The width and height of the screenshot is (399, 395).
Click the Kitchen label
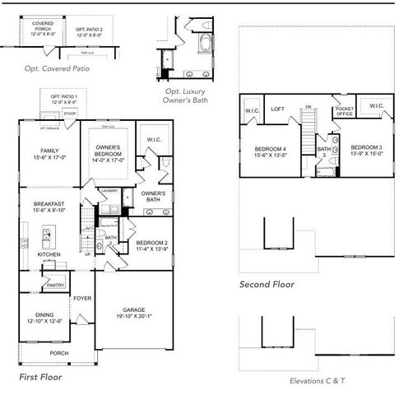tap(49, 254)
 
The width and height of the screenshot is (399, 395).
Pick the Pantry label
tap(55, 286)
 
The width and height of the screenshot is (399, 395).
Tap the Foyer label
tap(82, 298)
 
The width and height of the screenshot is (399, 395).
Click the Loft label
tap(278, 109)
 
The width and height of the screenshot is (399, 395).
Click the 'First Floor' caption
tap(40, 376)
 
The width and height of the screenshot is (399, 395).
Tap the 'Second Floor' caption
tap(267, 285)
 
